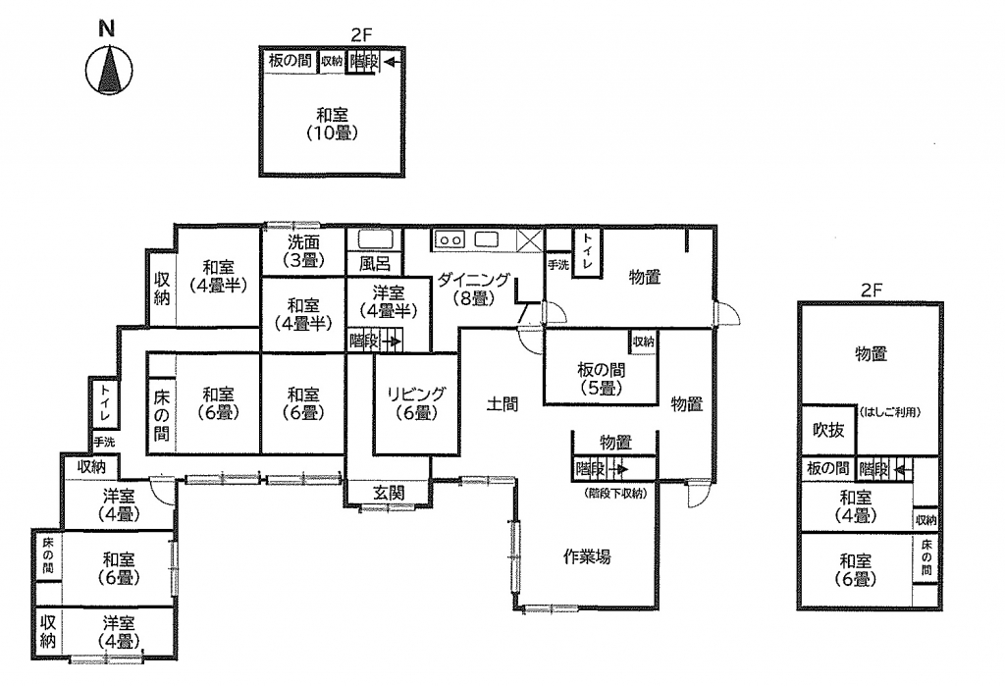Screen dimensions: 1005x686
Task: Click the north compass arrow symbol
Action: [x=109, y=70]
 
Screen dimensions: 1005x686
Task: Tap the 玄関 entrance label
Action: [x=389, y=493]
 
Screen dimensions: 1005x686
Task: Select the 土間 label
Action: [x=502, y=404]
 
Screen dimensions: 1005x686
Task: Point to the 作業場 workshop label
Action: [x=587, y=556]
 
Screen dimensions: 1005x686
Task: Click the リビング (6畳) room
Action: [x=416, y=403]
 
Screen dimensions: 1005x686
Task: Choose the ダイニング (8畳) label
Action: [x=474, y=289]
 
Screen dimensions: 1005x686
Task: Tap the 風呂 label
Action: [x=375, y=263]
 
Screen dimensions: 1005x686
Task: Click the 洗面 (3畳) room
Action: [x=303, y=250]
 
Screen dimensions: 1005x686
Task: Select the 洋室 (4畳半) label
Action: [x=389, y=302]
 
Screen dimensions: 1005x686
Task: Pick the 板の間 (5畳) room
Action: [x=602, y=378]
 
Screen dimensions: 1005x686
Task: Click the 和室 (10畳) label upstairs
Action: [x=332, y=124]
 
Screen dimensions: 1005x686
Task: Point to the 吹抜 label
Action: [x=828, y=430]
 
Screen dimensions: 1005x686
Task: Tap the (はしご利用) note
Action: [x=890, y=411]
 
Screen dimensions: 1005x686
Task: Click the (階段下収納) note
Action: [x=615, y=493]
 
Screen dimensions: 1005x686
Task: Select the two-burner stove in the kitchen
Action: [x=450, y=239]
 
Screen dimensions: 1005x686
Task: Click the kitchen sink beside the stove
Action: [x=486, y=239]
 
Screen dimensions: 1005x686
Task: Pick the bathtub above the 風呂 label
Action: [x=375, y=239]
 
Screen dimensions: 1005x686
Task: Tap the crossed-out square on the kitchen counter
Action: [x=529, y=240]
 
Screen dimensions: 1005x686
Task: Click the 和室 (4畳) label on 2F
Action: [x=855, y=506]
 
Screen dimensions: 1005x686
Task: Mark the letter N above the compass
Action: [x=107, y=28]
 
